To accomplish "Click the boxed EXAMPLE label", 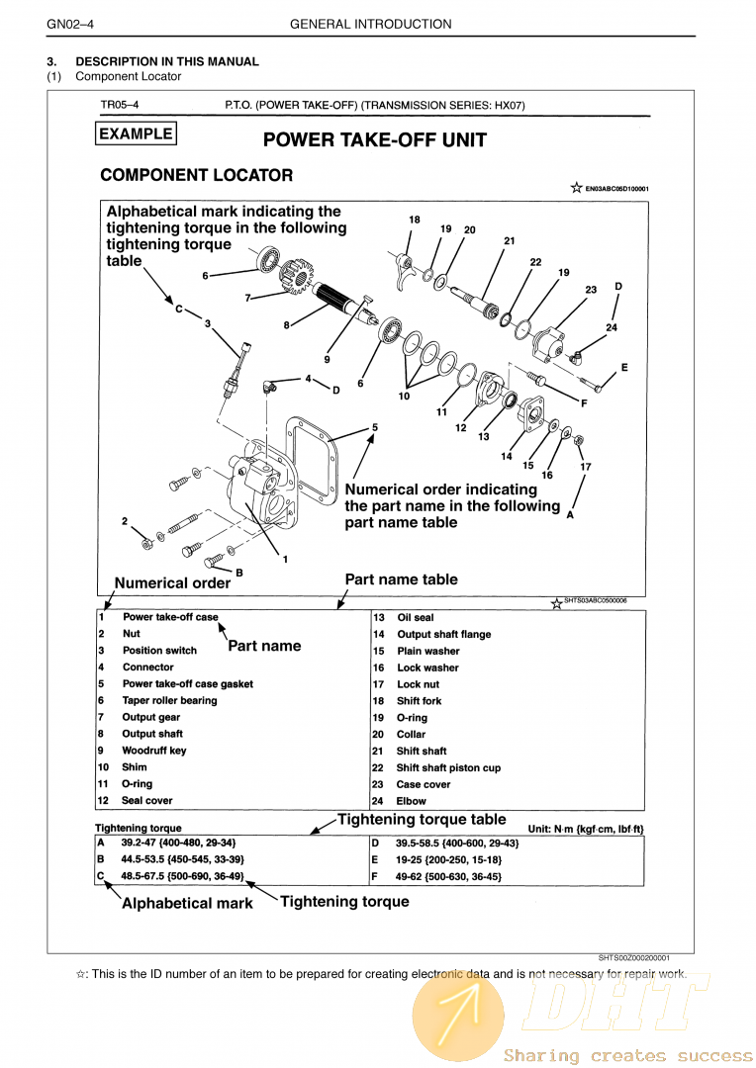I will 136,134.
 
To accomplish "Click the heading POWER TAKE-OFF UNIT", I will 375,140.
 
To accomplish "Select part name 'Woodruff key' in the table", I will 153,751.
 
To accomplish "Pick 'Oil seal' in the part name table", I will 416,618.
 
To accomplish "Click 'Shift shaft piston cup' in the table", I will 448,768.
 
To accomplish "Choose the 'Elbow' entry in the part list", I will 412,801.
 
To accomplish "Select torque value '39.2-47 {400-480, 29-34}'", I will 178,843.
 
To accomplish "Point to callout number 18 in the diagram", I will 415,220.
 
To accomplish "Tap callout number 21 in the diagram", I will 509,240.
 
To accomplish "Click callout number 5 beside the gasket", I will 375,427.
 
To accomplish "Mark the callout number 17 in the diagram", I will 586,467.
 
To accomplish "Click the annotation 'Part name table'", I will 401,579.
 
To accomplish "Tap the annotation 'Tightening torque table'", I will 422,820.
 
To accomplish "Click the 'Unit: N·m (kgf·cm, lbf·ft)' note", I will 586,828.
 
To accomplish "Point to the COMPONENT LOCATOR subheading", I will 196,176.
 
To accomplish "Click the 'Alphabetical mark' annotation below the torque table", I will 187,903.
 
